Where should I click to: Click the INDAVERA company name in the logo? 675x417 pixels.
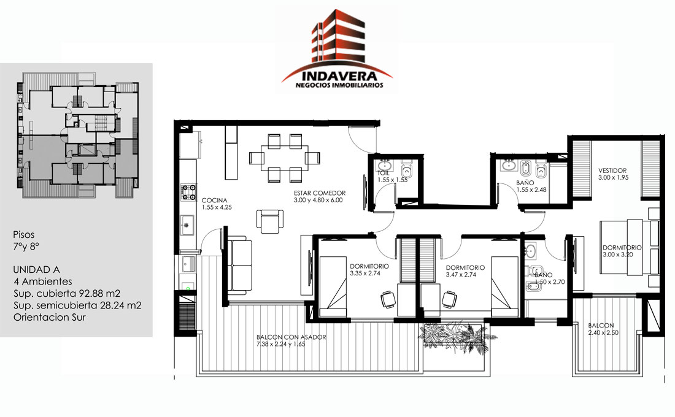point(339,76)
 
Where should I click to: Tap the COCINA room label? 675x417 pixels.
point(214,200)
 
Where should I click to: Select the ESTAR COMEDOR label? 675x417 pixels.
point(320,193)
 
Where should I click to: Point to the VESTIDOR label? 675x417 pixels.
point(612,170)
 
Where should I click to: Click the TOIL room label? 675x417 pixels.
point(383,173)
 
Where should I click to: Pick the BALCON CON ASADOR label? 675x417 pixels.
point(291,337)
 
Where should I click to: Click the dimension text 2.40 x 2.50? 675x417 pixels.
point(603,332)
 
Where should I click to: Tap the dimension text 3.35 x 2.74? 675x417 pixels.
point(365,273)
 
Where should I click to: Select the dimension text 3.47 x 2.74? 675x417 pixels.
point(461,275)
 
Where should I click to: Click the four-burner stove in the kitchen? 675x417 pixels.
point(188,193)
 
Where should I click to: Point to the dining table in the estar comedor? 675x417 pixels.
point(285,158)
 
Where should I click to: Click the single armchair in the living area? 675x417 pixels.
point(270,221)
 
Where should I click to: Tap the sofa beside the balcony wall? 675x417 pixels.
point(239,266)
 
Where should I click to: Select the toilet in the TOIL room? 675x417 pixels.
point(407,169)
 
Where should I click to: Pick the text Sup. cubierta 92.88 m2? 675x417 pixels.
point(67,294)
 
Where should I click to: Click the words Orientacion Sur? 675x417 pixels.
point(50,317)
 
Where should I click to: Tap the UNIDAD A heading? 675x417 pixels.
point(36,270)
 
